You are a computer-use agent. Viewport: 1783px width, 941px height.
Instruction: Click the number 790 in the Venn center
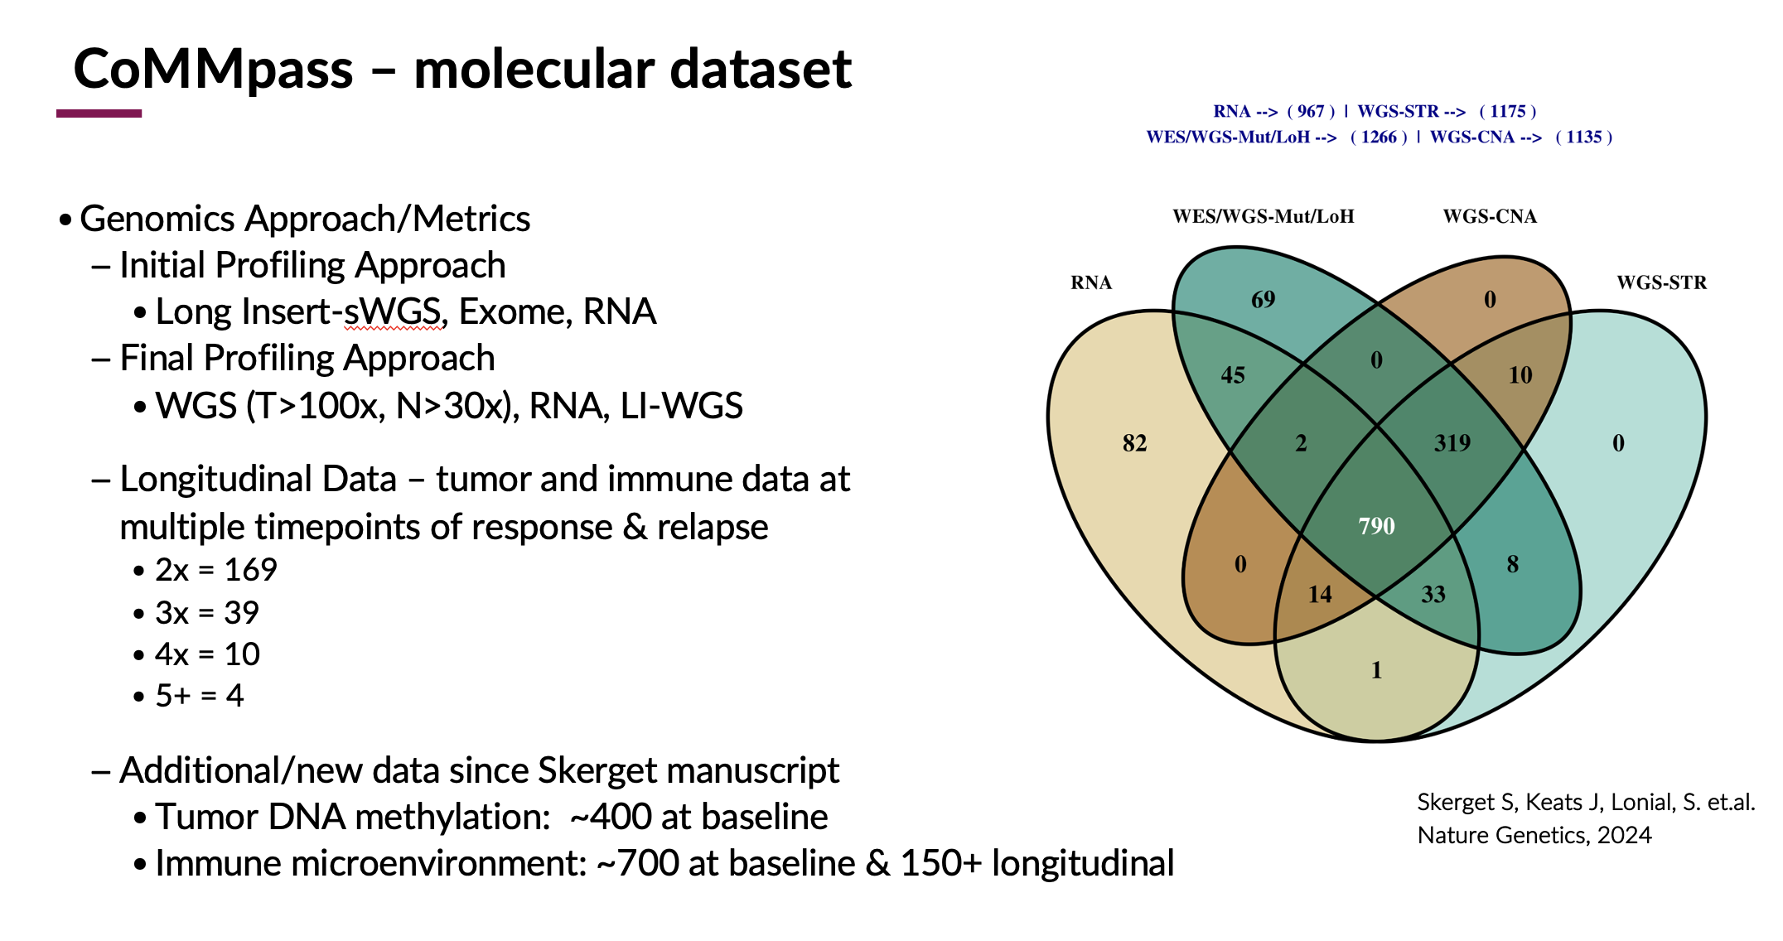click(x=1376, y=526)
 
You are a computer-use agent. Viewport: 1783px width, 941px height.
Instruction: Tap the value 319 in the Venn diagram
click(x=1452, y=443)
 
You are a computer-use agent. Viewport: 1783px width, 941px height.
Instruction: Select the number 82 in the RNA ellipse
click(x=1134, y=443)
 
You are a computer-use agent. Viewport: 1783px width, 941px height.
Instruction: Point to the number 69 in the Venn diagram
click(x=1263, y=300)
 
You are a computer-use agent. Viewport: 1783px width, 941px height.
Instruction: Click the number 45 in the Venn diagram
click(x=1233, y=375)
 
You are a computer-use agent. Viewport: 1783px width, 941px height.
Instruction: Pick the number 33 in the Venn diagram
click(x=1433, y=594)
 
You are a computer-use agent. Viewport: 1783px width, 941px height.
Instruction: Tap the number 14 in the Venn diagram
click(x=1319, y=594)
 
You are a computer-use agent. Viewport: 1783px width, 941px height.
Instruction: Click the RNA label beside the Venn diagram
click(x=1090, y=283)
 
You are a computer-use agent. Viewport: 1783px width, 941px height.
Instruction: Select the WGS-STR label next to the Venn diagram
click(x=1661, y=283)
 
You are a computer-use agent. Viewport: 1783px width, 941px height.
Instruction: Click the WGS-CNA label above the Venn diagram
click(x=1489, y=217)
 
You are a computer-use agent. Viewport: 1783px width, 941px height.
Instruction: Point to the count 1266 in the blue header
click(x=1379, y=138)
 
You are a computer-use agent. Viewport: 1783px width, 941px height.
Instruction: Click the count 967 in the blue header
click(x=1311, y=112)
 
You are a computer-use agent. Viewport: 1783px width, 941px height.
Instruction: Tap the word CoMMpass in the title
click(x=213, y=69)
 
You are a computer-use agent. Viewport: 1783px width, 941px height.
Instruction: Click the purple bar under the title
click(x=99, y=113)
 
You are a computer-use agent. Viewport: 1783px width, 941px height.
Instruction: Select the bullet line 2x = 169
click(x=215, y=570)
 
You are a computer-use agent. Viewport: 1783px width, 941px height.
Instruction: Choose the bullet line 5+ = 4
click(x=199, y=696)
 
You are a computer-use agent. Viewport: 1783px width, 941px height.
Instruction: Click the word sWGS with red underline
click(x=394, y=312)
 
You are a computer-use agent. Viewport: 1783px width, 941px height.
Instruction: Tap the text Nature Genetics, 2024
click(x=1534, y=835)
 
